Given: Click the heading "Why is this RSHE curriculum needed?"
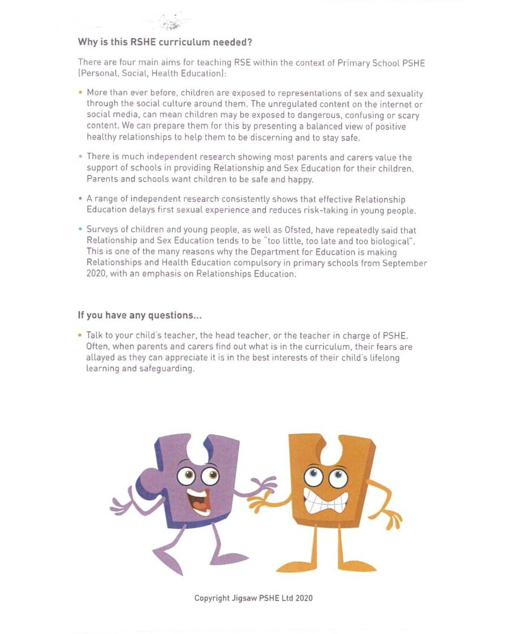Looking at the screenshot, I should pos(165,42).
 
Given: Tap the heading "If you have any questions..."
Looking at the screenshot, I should pos(139,315).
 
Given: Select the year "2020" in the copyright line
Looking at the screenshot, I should pos(303,598).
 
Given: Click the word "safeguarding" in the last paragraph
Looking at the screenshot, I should pos(169,369).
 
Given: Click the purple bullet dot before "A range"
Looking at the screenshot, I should pos(81,199).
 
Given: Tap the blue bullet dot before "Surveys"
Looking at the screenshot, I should pos(81,230).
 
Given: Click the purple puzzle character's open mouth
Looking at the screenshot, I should pos(198,500).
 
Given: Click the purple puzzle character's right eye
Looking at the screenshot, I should pos(210,475).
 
